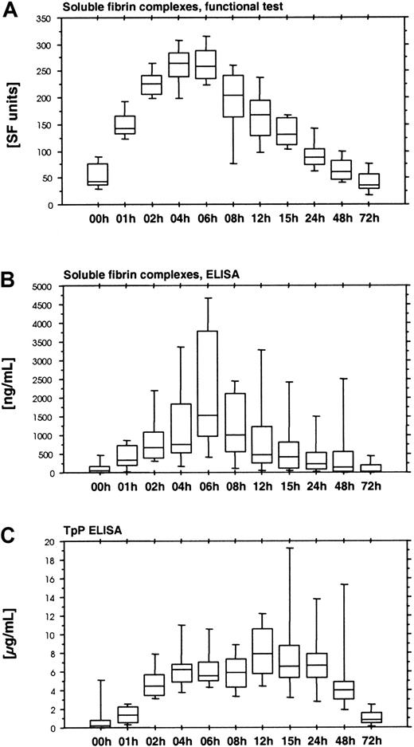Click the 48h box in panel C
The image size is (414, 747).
pyautogui.click(x=344, y=689)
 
